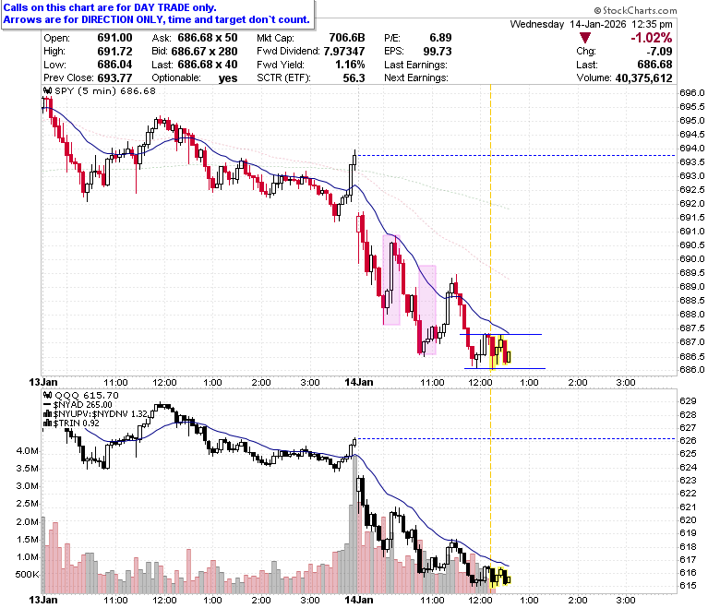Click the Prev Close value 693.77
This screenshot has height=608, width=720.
114,78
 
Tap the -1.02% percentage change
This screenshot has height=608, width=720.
651,38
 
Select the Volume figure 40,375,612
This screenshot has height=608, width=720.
643,78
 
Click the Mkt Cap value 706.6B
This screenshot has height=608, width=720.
347,38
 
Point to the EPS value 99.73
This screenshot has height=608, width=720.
438,52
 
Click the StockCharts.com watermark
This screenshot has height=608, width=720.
635,10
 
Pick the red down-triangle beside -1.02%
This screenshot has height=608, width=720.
585,38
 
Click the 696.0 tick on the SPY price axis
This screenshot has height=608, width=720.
691,93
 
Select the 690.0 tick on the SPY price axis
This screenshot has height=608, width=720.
691,259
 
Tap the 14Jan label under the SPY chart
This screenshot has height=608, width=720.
359,382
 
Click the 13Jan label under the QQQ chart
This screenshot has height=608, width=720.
43,600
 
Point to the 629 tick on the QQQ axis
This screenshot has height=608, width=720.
688,401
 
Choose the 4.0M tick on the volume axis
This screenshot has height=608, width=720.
27,450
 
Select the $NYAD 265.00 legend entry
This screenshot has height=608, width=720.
78,405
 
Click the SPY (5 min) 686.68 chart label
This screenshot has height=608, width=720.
100,90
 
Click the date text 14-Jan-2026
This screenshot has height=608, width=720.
598,24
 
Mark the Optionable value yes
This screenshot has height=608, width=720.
228,78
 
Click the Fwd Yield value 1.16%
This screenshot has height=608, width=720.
350,65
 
